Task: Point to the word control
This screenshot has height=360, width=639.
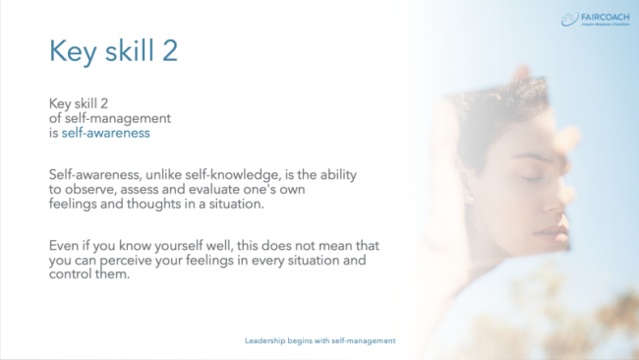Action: pos(71,274)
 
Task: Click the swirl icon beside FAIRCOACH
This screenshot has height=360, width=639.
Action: pos(567,18)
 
